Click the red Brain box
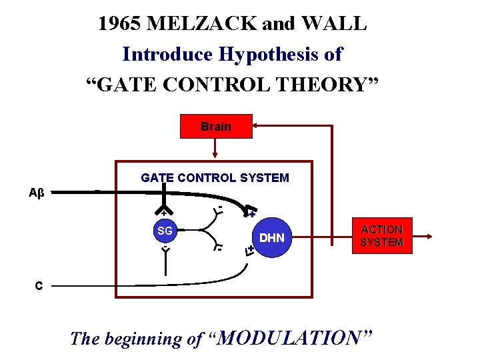pos(215,126)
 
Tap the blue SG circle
pos(165,231)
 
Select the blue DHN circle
pos(271,237)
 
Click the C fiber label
pos(39,286)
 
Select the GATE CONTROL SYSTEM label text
pos(215,178)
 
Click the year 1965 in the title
pos(119,24)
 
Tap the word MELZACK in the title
pos(202,24)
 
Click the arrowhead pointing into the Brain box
pos(256,125)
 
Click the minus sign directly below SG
pos(165,248)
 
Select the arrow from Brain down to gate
pos(215,148)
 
